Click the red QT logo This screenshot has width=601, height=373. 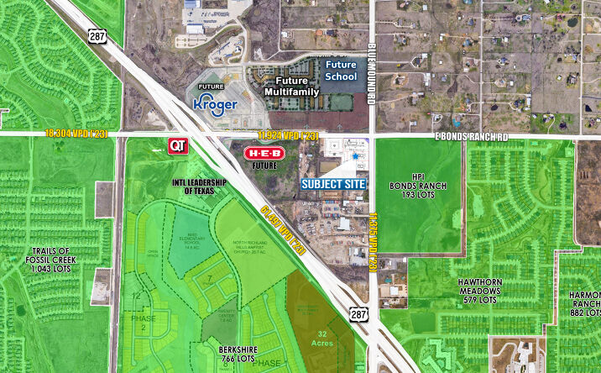coord(177,145)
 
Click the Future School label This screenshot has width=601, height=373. coord(341,71)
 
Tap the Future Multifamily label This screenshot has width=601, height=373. coord(286,86)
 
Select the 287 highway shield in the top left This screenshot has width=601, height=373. coord(95,34)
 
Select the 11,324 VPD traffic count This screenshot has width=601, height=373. coord(287,135)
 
